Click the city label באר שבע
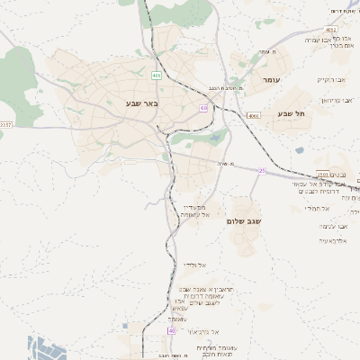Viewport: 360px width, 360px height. [x=142, y=104]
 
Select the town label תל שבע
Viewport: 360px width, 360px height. [x=293, y=113]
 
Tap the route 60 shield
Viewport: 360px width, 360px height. [x=204, y=108]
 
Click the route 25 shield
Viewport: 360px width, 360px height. [x=262, y=169]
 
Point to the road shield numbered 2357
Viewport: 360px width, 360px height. [x=6, y=124]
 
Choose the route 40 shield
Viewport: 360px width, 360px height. [x=170, y=331]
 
